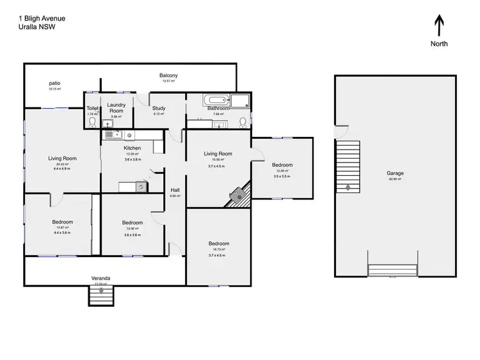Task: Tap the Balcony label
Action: [169, 75]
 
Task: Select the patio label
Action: [54, 84]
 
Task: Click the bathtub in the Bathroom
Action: [216, 100]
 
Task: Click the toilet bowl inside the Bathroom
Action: [243, 121]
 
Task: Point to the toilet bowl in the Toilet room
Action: [93, 121]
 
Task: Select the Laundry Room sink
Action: [106, 124]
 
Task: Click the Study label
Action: [159, 108]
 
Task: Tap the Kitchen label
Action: [132, 148]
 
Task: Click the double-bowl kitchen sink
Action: [113, 135]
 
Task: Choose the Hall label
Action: [175, 190]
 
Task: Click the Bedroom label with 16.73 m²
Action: [218, 244]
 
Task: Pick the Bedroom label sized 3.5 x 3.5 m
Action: [281, 164]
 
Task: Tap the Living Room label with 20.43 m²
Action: [63, 159]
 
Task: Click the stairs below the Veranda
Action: [101, 295]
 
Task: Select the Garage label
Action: [395, 173]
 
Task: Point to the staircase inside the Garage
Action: [348, 166]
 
